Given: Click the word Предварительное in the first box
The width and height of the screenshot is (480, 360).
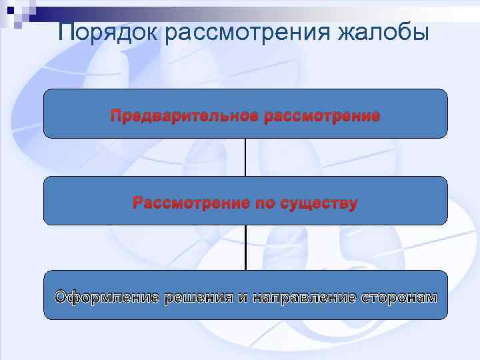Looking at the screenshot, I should pos(185,117).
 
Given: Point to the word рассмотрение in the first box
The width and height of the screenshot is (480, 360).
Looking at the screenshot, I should pos(323,117).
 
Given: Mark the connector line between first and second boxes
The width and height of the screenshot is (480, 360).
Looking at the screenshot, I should pos(245,157).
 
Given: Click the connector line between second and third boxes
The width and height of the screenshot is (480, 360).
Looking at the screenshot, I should pos(245,247).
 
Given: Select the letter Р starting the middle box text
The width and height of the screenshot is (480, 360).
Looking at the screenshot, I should pos(138,203).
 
